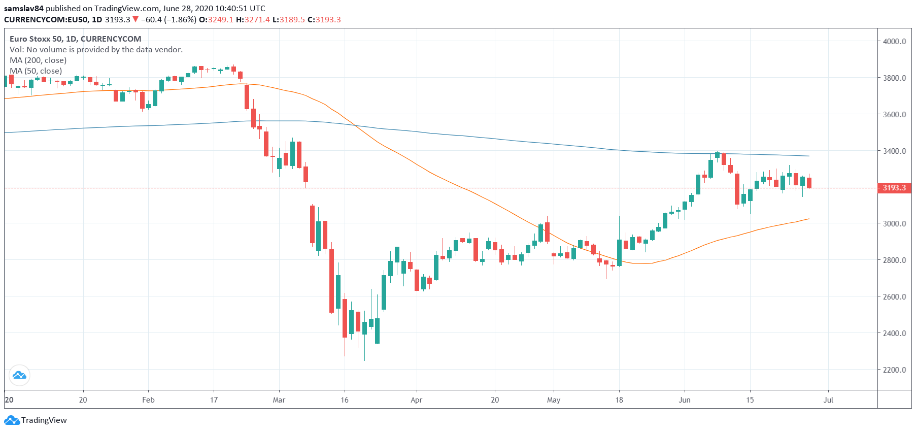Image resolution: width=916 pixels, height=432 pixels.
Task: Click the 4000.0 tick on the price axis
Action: click(894, 42)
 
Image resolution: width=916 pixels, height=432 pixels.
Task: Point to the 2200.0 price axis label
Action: click(894, 370)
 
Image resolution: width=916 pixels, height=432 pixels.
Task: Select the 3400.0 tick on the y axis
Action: click(894, 151)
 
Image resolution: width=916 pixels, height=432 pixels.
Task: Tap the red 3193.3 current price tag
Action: click(894, 188)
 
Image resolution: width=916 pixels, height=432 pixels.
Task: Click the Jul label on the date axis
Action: click(828, 400)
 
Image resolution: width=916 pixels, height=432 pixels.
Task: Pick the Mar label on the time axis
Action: click(279, 400)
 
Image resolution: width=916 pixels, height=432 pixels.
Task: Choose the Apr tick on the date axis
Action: click(416, 400)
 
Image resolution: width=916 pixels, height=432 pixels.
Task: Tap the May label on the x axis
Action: click(554, 400)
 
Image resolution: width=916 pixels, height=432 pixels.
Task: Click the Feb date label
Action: click(148, 400)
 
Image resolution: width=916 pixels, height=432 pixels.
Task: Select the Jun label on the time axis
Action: click(685, 400)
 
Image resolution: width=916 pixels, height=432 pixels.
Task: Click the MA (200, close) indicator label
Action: click(38, 60)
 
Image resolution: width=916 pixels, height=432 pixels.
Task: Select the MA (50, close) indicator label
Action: click(36, 71)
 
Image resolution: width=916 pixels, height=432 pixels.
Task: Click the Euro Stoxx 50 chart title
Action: click(76, 39)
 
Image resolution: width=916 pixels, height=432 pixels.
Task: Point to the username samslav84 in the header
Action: click(24, 9)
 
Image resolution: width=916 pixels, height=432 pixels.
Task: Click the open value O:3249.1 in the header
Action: click(216, 20)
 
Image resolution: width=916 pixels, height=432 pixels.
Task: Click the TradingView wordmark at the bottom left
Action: click(44, 420)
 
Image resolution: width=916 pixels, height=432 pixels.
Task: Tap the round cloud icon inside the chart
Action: click(19, 376)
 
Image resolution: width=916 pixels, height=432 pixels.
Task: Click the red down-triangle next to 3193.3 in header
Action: click(135, 19)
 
